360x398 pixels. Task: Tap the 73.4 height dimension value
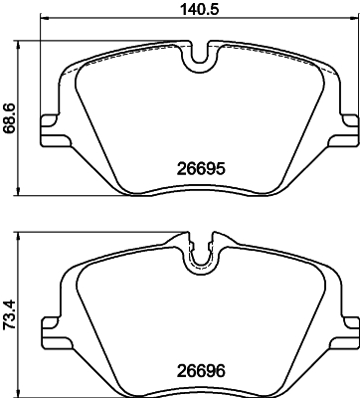click(11, 313)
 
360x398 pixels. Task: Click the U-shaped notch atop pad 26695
click(203, 58)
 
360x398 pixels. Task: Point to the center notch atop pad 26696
click(203, 255)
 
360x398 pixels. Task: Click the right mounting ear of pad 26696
click(349, 321)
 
